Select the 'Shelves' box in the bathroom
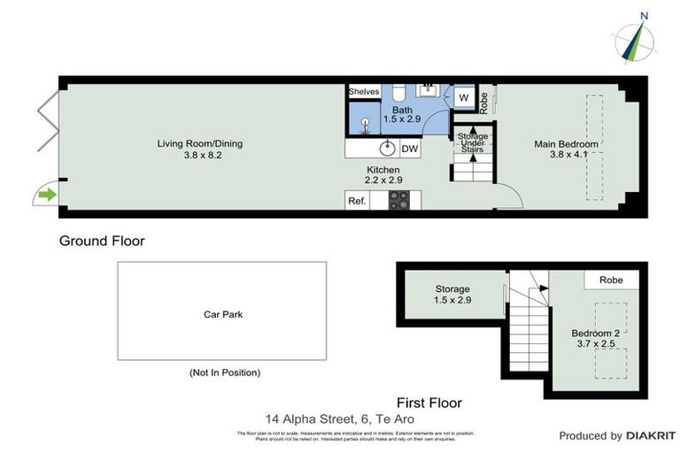[x=364, y=91]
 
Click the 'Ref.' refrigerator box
[x=357, y=201]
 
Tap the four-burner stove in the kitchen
[x=400, y=201]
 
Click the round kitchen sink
[x=386, y=149]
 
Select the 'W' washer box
[x=464, y=98]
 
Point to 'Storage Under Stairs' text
[x=472, y=142]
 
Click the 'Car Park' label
[x=223, y=313]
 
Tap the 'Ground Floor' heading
[x=102, y=241]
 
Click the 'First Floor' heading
[x=430, y=403]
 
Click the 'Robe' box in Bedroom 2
[x=611, y=280]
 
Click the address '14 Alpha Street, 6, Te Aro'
[x=339, y=419]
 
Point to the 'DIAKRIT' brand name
[x=647, y=435]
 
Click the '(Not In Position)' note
[x=225, y=372]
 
